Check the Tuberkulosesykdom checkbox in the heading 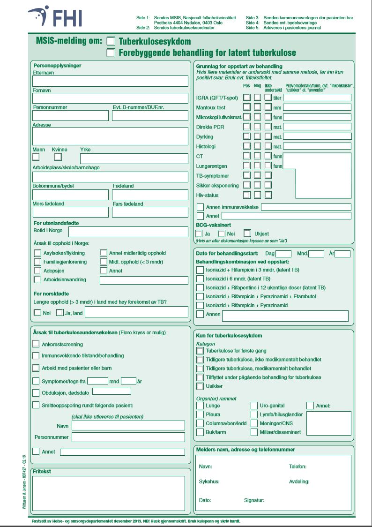click(111, 41)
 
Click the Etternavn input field click(110, 81)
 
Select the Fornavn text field click(110, 98)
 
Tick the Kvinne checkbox click(58, 158)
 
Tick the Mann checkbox click(36, 158)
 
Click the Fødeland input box click(149, 195)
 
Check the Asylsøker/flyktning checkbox click(37, 253)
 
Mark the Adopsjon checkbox click(37, 271)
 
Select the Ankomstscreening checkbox click(36, 344)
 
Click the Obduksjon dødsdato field click(112, 391)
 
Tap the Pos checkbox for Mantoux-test click(247, 107)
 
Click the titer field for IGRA click(317, 98)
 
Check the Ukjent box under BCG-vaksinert click(248, 233)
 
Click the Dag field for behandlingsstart click(283, 254)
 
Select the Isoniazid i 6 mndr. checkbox click(200, 279)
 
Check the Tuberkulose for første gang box click(200, 350)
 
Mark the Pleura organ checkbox click(200, 414)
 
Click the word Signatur click(254, 500)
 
